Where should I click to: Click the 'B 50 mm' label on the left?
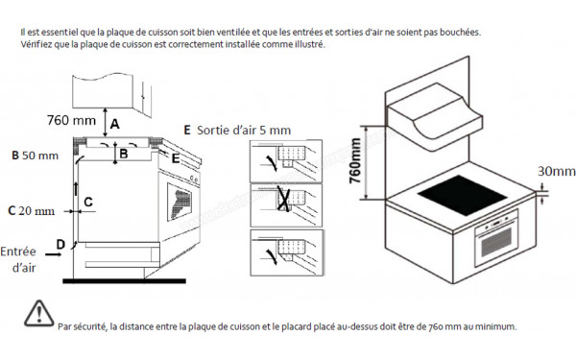(36, 155)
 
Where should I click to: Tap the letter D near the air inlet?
(60, 246)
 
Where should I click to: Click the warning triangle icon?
(37, 312)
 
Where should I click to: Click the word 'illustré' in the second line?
(310, 45)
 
